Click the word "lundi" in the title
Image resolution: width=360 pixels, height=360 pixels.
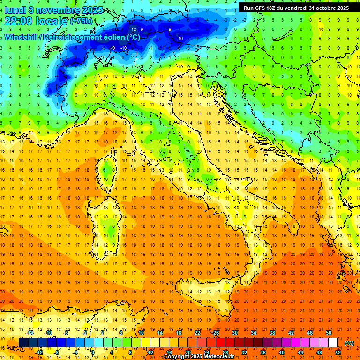tap(15, 9)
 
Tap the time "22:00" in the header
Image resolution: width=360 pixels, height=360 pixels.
tap(19, 21)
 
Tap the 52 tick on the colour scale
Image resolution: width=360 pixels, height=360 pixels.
tap(337, 352)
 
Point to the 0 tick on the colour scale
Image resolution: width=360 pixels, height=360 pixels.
tap(92, 352)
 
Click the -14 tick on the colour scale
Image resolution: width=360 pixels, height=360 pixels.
tap(30, 332)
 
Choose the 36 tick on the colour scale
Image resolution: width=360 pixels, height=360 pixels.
tap(263, 352)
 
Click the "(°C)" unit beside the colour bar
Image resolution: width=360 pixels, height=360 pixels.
tap(349, 343)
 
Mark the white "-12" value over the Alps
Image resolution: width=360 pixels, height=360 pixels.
tap(133, 29)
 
